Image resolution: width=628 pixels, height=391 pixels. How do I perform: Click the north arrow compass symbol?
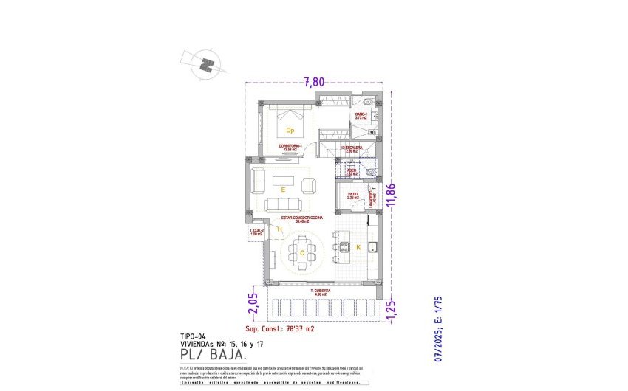pyautogui.click(x=206, y=64)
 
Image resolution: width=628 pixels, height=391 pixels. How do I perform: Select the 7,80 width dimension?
pyautogui.click(x=315, y=82)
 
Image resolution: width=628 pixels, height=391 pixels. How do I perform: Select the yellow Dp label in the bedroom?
pyautogui.click(x=290, y=131)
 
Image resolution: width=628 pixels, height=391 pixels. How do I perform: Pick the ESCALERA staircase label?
pyautogui.click(x=350, y=149)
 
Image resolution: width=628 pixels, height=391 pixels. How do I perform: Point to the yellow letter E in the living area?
pyautogui.click(x=283, y=190)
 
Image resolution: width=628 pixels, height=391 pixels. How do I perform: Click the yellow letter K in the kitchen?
pyautogui.click(x=358, y=247)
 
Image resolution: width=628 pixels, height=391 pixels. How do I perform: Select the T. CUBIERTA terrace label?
pyautogui.click(x=322, y=292)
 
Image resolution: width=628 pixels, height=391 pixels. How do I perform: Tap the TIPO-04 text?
pyautogui.click(x=194, y=336)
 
